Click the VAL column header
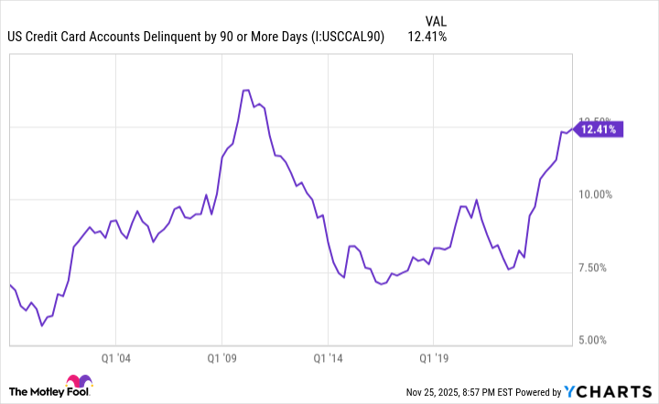437,19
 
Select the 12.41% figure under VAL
429,37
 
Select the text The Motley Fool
35,390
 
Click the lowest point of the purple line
41,325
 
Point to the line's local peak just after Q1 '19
476,200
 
